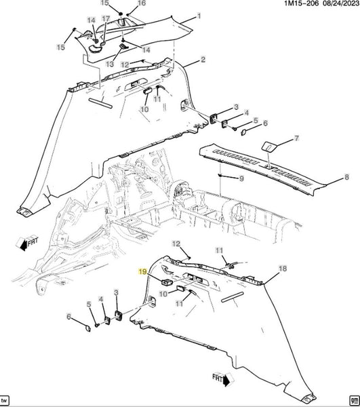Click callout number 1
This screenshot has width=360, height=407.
coord(199,16)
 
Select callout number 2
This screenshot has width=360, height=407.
coord(203,60)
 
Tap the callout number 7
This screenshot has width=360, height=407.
coord(296,138)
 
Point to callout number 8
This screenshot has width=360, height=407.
coord(346,177)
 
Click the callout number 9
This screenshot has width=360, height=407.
coord(241,178)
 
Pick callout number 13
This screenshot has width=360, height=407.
coord(110,64)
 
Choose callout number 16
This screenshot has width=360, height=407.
coord(142,3)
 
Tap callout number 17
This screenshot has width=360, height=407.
coord(106,19)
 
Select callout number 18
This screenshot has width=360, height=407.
coord(283,269)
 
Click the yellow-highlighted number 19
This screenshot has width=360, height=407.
coord(142,271)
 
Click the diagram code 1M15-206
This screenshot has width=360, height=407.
coord(301,3)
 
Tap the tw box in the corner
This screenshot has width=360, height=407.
coord(5,400)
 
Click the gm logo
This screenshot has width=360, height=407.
coord(354,400)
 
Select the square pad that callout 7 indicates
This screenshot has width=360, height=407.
coord(269,146)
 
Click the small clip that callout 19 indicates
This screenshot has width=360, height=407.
coord(167,282)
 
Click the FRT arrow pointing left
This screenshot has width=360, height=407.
coord(27,243)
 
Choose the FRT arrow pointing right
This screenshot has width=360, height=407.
coord(223,379)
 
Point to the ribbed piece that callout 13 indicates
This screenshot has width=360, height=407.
coord(123,46)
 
